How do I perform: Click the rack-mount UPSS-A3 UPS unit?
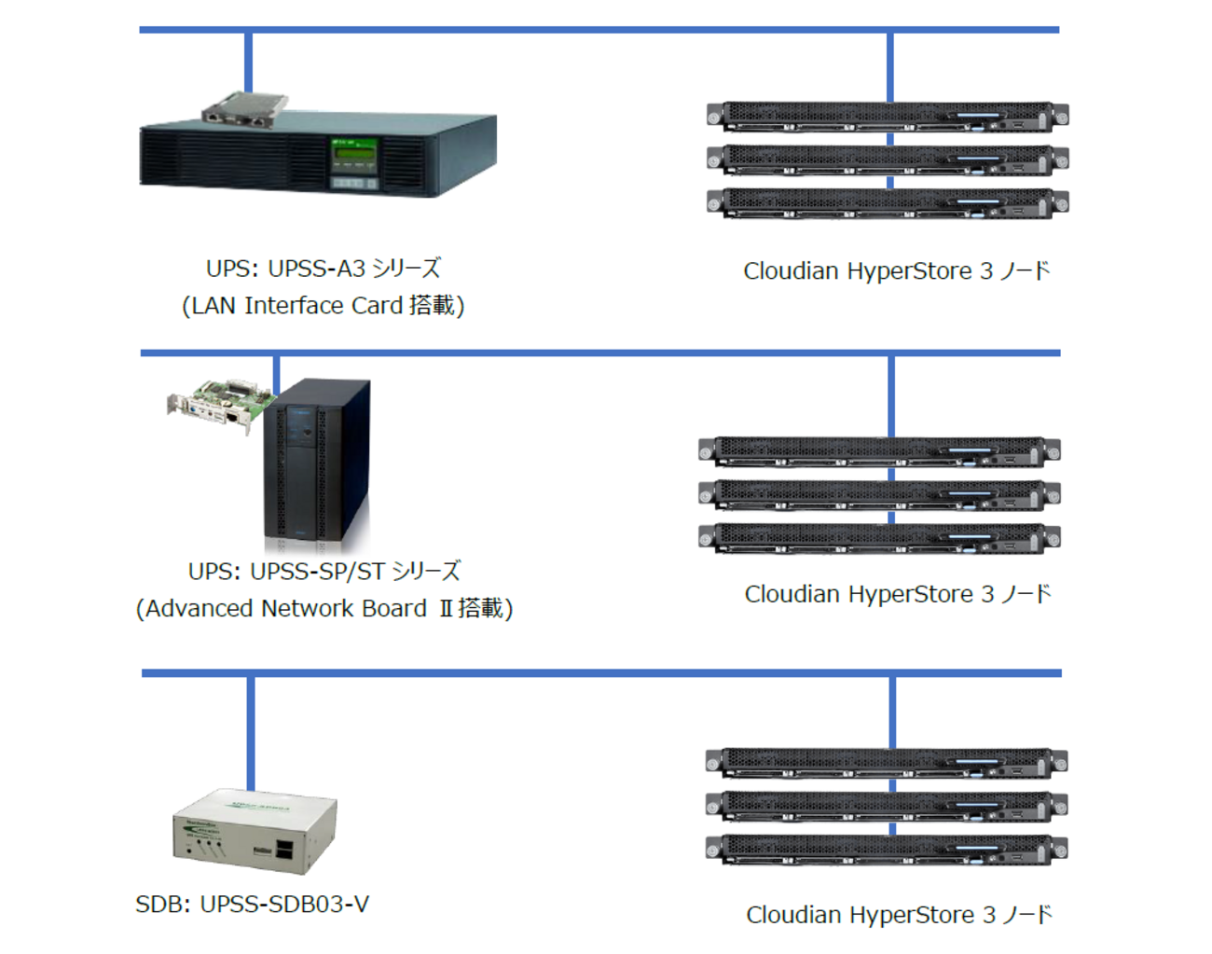point(280,159)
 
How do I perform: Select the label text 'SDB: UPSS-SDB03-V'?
point(252,904)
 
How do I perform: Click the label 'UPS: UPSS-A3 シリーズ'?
point(323,269)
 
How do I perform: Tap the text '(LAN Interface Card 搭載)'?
point(323,306)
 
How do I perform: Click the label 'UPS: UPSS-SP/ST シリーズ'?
point(324,571)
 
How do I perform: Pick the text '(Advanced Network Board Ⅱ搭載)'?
point(324,608)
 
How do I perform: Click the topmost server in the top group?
point(888,117)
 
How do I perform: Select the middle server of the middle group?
point(879,494)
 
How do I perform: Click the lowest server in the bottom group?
point(887,850)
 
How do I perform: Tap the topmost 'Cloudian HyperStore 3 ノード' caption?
point(896,271)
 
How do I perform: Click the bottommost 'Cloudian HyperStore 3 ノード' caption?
point(899,915)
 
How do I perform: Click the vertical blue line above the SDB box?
point(251,733)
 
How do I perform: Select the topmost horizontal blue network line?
point(599,30)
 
